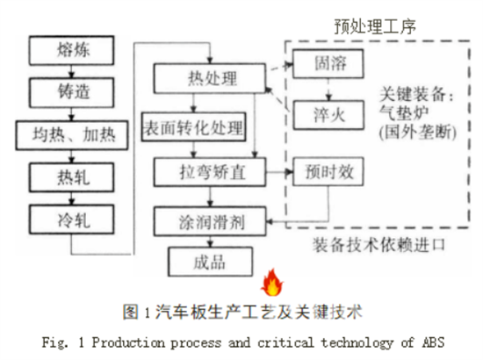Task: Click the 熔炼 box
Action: pyautogui.click(x=71, y=50)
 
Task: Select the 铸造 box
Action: pyautogui.click(x=71, y=92)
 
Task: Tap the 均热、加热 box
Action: pyautogui.click(x=72, y=135)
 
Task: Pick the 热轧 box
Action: pyautogui.click(x=71, y=177)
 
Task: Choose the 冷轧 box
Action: pyautogui.click(x=71, y=220)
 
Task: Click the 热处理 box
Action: pyautogui.click(x=210, y=78)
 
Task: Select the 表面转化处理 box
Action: pyautogui.click(x=194, y=127)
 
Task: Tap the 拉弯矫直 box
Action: pyautogui.click(x=210, y=172)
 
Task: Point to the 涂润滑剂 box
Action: pyautogui.click(x=210, y=222)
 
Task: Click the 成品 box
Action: pyautogui.click(x=210, y=262)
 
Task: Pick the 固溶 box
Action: pyautogui.click(x=328, y=64)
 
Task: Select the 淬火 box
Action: pyautogui.click(x=328, y=115)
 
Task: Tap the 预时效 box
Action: pyautogui.click(x=328, y=171)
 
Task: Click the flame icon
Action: pyautogui.click(x=272, y=283)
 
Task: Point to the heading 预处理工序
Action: pyautogui.click(x=375, y=26)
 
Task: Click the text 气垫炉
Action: pyautogui.click(x=404, y=113)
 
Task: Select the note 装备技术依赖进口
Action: pyautogui.click(x=379, y=245)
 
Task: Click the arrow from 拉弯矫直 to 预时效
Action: pyautogui.click(x=279, y=172)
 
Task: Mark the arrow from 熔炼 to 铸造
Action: pyautogui.click(x=71, y=71)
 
